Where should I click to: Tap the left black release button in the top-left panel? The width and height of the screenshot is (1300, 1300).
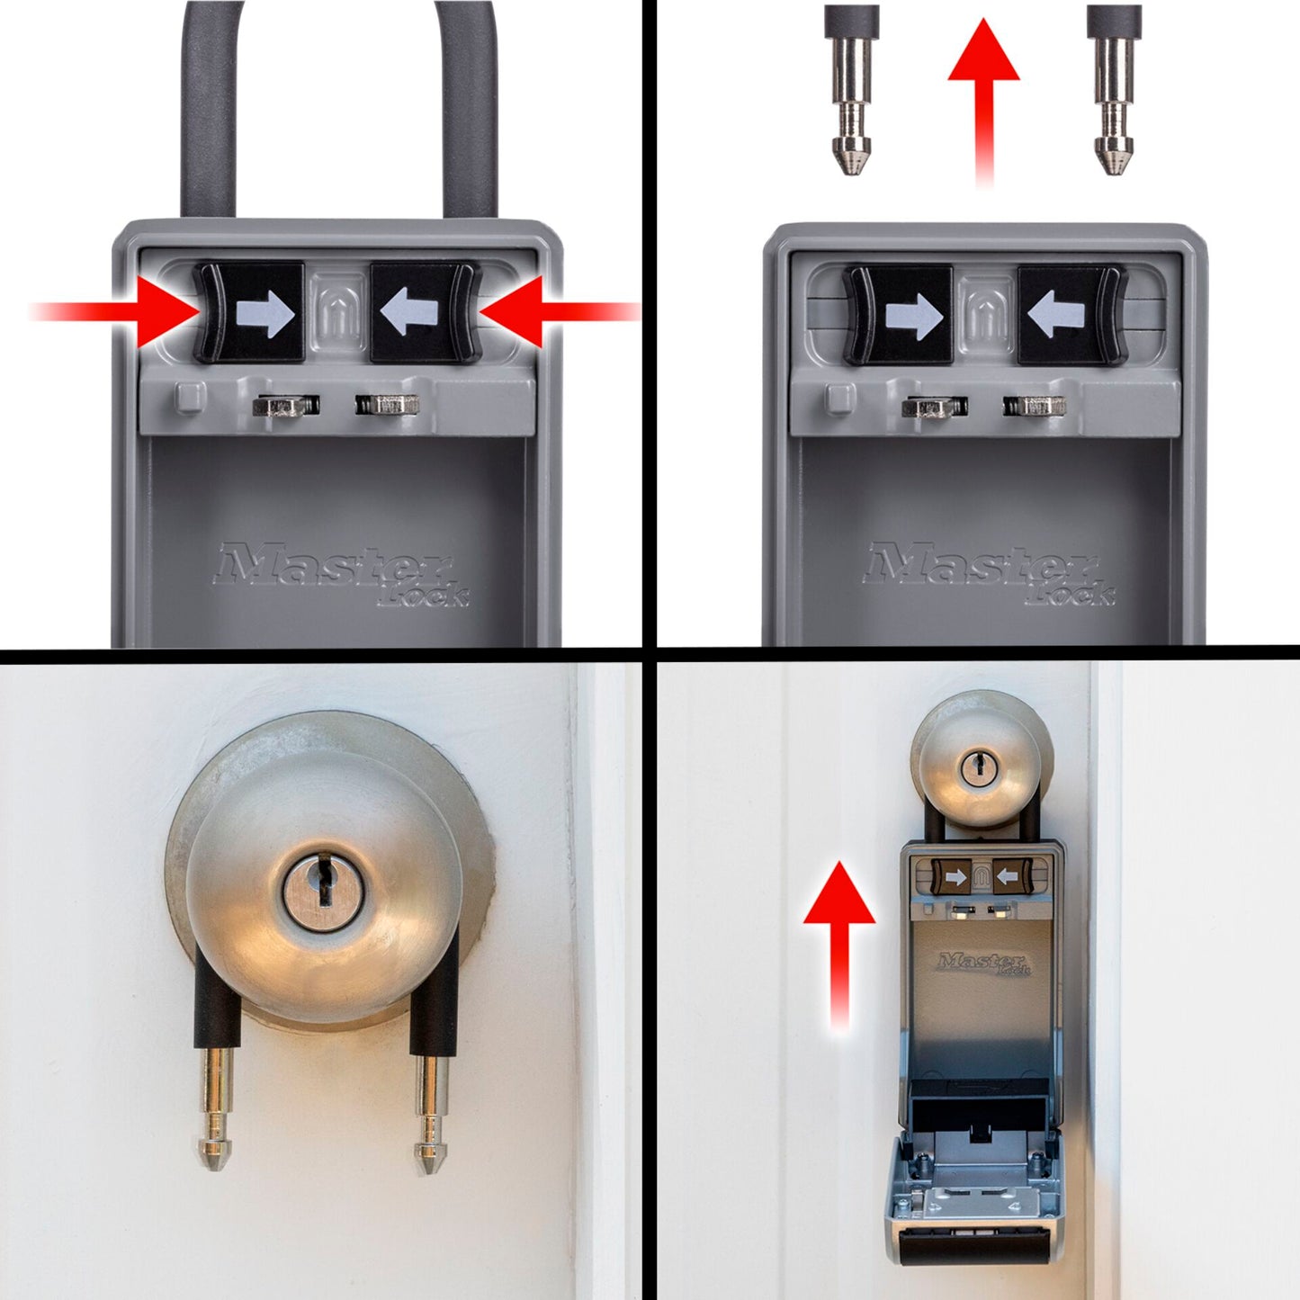pyautogui.click(x=252, y=313)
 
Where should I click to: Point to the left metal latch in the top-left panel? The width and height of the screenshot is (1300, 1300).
pyautogui.click(x=285, y=406)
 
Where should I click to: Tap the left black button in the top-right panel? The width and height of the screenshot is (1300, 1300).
pyautogui.click(x=900, y=315)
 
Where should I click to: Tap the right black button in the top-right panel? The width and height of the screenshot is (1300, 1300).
pyautogui.click(x=1071, y=315)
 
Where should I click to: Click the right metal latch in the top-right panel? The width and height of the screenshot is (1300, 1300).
pyautogui.click(x=1036, y=407)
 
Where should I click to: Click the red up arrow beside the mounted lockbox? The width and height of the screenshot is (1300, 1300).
pyautogui.click(x=838, y=936)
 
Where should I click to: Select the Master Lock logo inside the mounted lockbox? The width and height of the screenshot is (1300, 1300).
pyautogui.click(x=983, y=964)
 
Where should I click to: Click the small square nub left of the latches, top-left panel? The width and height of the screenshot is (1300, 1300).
pyautogui.click(x=190, y=397)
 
